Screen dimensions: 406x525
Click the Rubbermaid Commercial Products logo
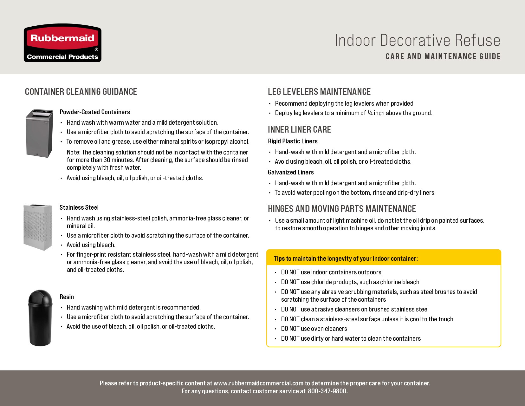point(62,43)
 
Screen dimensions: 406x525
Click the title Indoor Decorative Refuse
point(418,40)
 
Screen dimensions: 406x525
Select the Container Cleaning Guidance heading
point(81,92)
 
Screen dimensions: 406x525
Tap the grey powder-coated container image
point(39,133)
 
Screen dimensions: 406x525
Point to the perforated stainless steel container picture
point(37,227)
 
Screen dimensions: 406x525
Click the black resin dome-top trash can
point(40,317)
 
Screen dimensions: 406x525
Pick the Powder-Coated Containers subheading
point(95,112)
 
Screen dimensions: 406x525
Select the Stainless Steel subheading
point(79,207)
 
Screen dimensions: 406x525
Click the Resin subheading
point(67,297)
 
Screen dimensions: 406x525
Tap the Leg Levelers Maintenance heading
point(319,92)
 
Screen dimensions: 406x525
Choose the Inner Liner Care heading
point(299,129)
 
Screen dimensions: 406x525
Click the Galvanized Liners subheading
point(291,172)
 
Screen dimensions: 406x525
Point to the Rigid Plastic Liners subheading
point(293,141)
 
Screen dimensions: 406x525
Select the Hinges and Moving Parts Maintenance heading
point(342,209)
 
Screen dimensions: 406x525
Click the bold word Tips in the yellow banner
point(279,259)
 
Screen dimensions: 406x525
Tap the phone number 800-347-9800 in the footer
point(327,391)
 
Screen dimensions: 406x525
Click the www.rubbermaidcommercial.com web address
point(258,383)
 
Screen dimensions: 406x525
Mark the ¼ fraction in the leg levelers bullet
point(370,113)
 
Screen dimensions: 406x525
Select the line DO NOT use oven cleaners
point(314,329)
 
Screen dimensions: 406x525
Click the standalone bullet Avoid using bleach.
point(91,245)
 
